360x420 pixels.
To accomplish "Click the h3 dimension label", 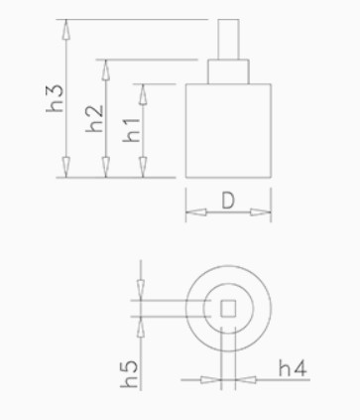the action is click(x=55, y=98).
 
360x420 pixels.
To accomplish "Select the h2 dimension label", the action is click(x=94, y=119).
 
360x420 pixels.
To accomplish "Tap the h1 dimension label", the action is click(x=131, y=130).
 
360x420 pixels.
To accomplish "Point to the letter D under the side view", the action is click(x=228, y=201).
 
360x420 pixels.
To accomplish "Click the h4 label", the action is click(x=293, y=368).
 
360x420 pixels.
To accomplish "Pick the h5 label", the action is click(x=129, y=374).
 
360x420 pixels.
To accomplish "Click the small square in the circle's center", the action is click(x=228, y=309).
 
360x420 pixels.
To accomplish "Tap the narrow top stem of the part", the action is click(x=228, y=40).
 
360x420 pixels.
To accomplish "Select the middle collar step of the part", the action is click(x=228, y=71).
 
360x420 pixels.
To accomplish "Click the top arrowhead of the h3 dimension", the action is click(x=66, y=30).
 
